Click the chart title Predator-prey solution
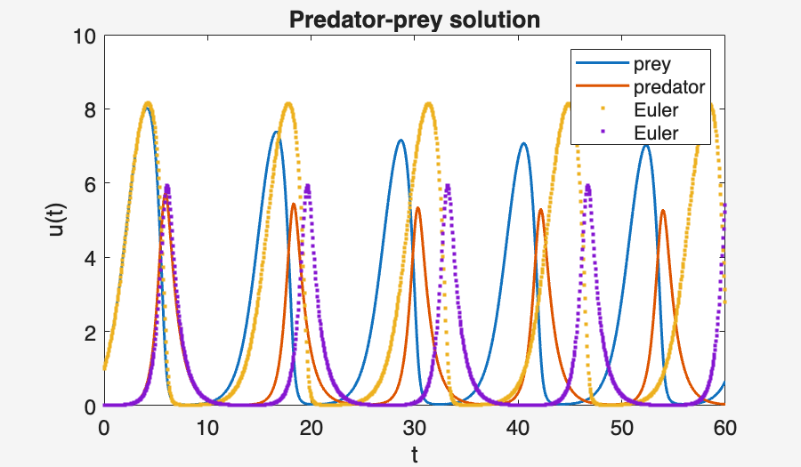coord(415,20)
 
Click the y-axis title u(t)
coord(56,221)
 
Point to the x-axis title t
coord(415,455)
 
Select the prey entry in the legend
coord(651,65)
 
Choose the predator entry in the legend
coord(669,87)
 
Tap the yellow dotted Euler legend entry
coord(656,110)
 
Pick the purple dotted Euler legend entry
coord(656,133)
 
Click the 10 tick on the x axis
coord(207,427)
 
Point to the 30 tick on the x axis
coord(415,427)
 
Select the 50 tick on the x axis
coord(622,427)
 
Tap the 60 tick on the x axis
coord(725,427)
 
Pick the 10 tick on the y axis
coord(85,36)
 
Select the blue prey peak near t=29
coord(400,140)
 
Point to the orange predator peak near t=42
coord(540,210)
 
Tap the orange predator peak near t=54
coord(662,211)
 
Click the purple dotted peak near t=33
coord(448,186)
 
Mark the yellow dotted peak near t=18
coord(287,104)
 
